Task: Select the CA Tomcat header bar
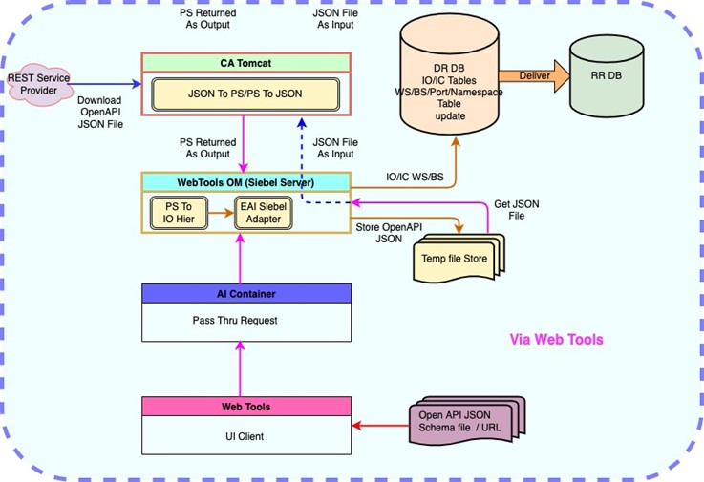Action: [x=246, y=63]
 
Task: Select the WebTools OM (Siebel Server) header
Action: [x=245, y=181]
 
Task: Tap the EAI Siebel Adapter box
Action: [x=263, y=211]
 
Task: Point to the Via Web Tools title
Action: [x=556, y=340]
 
